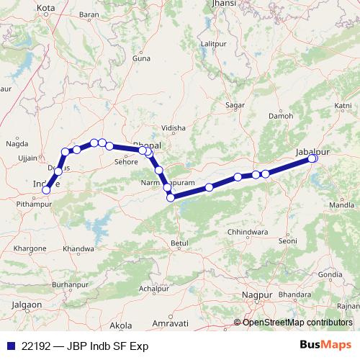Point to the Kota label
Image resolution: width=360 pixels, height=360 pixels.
[46, 9]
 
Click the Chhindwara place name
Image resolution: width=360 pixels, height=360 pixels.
[246, 232]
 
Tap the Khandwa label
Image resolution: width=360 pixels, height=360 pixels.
[78, 248]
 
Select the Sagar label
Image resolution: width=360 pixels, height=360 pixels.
[235, 105]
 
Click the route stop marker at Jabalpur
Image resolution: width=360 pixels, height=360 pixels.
[313, 158]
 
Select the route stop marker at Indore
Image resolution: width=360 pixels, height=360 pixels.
[46, 190]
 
